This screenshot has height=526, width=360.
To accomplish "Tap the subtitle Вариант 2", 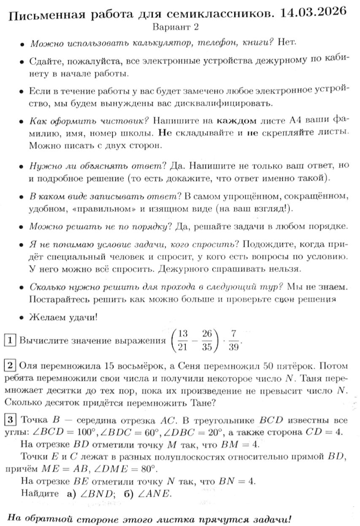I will point(176,27).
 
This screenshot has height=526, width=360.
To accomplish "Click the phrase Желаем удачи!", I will point(63,317).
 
